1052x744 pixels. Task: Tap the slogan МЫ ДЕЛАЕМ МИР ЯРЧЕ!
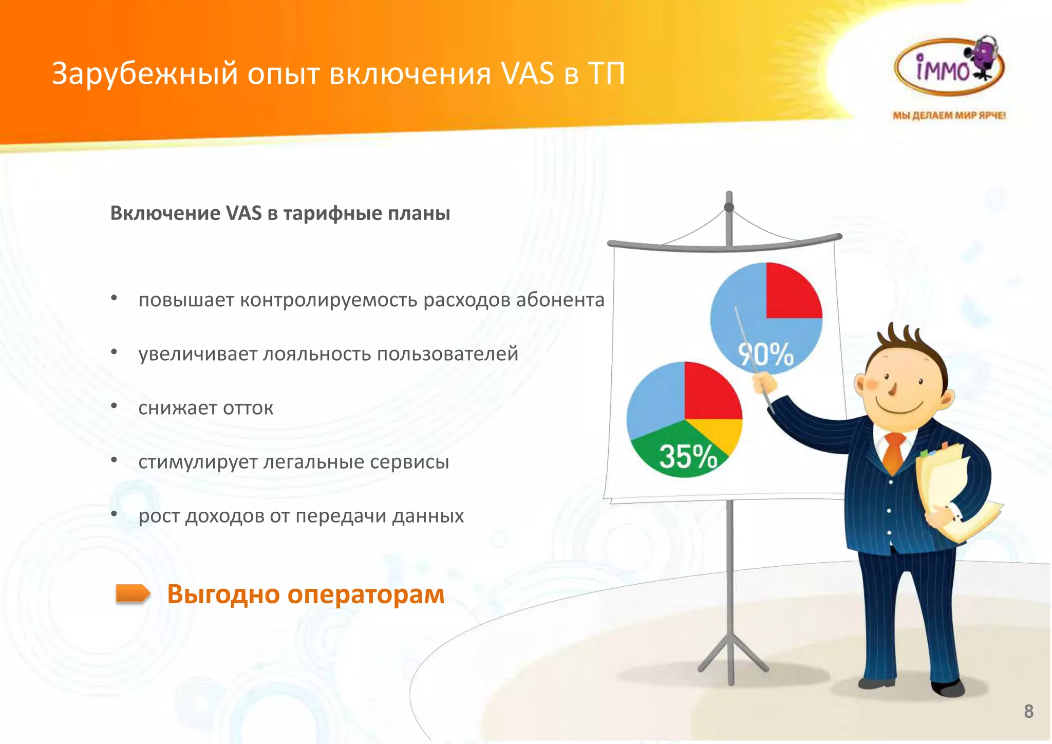coord(949,116)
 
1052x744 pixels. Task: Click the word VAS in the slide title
coord(528,73)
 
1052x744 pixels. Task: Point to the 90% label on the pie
coord(766,355)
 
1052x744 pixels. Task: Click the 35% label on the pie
coord(688,456)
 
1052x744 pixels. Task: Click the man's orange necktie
coord(894,452)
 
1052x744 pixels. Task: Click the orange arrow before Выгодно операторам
coord(133,593)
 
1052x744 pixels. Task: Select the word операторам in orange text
coord(366,594)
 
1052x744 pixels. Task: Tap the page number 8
coord(1028,711)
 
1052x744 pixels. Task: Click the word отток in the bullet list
coord(248,408)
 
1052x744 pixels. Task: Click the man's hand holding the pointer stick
coord(764,383)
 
